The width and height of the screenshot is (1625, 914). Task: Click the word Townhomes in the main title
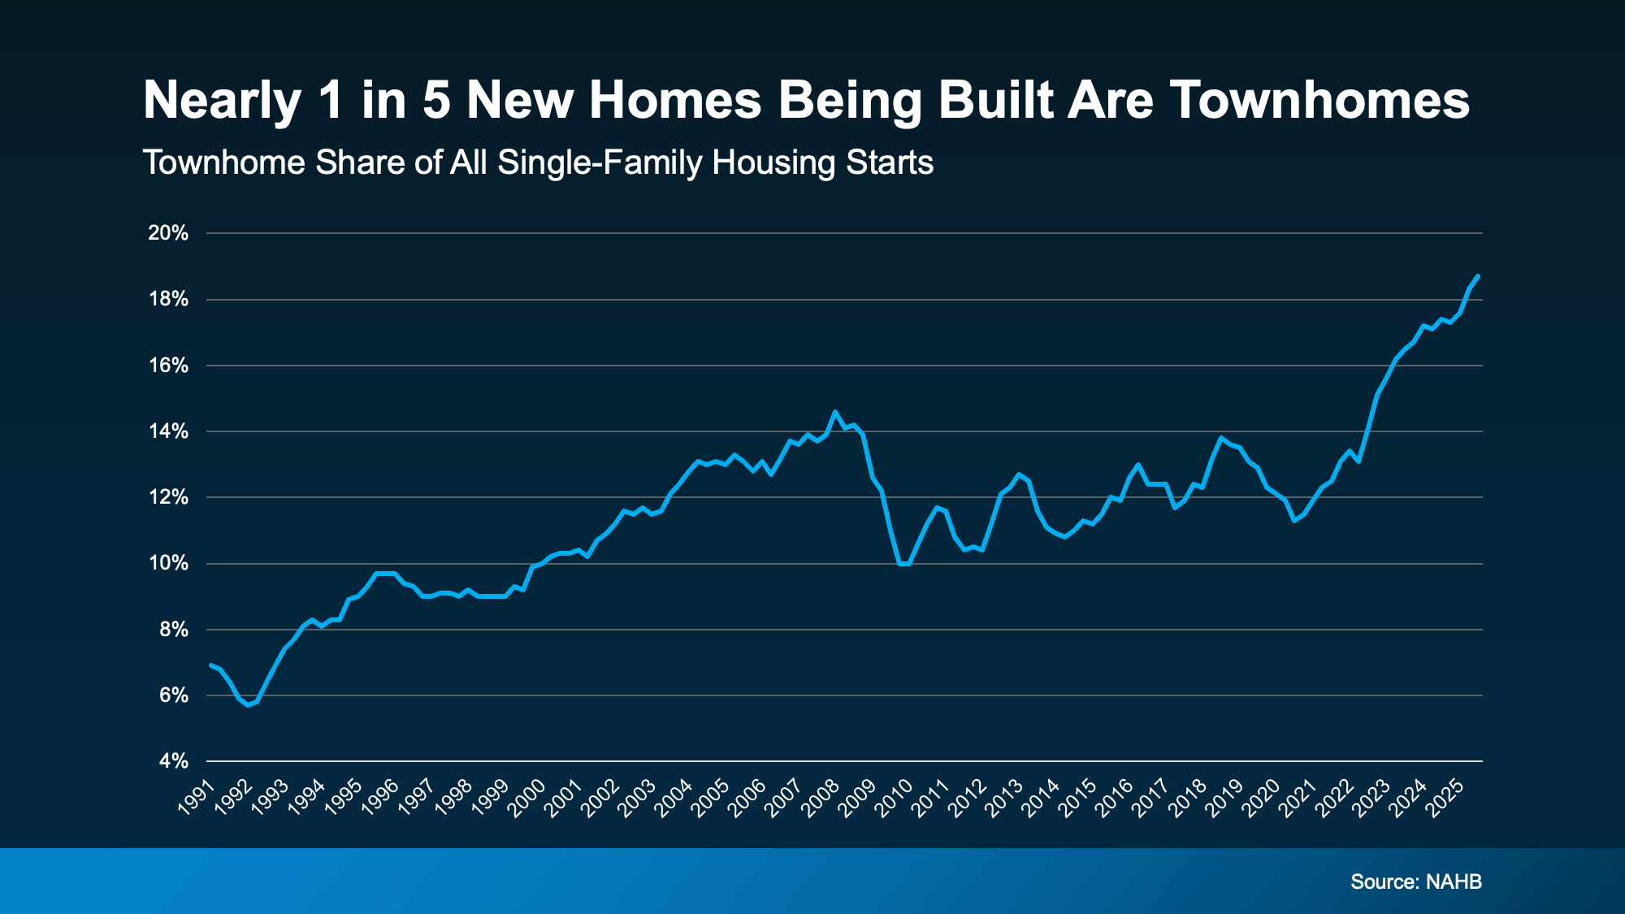point(1319,101)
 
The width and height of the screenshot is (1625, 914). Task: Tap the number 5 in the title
point(435,101)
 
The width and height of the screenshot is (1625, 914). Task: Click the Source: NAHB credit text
point(1416,882)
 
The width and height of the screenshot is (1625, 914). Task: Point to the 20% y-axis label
point(168,234)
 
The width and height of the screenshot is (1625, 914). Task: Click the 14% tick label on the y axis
point(168,431)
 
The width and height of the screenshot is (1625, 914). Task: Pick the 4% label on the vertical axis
point(173,762)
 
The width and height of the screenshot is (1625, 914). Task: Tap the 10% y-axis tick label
point(168,564)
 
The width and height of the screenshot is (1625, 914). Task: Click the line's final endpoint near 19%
point(1478,276)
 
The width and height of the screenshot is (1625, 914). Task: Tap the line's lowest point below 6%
point(248,704)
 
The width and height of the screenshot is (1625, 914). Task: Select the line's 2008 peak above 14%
point(834,412)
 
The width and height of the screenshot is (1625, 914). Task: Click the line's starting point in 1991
point(210,665)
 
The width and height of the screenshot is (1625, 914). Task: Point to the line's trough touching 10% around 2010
point(903,564)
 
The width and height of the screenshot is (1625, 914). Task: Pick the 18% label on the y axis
point(168,300)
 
